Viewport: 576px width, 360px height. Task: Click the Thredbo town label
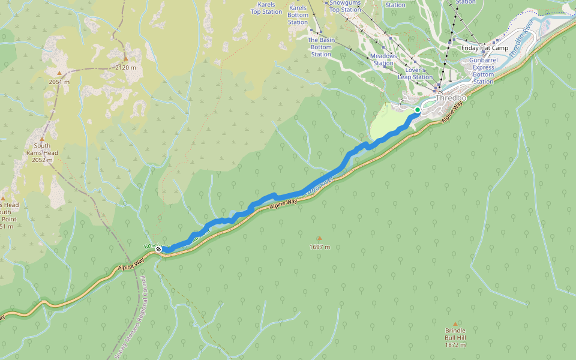[x=451, y=98]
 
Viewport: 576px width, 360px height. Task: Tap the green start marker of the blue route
[x=417, y=110]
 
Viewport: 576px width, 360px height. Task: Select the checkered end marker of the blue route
[x=158, y=249]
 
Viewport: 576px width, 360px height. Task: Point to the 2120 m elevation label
[x=125, y=68]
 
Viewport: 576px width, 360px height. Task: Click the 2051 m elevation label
[x=59, y=82]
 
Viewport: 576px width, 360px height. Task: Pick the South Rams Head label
[x=42, y=153]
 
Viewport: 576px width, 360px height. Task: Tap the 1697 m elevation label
[x=319, y=247]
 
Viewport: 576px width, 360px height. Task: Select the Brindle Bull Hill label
[x=455, y=338]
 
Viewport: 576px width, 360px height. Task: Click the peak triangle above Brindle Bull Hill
[x=455, y=324]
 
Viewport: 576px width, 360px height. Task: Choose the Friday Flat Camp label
[x=485, y=48]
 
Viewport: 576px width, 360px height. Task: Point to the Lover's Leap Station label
[x=415, y=73]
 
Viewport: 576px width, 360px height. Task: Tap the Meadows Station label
[x=383, y=59]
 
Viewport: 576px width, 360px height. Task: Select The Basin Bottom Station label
[x=321, y=47]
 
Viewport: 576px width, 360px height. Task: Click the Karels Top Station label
[x=266, y=8]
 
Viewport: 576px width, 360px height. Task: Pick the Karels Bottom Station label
[x=298, y=15]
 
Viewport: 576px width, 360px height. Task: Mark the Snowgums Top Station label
[x=345, y=6]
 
